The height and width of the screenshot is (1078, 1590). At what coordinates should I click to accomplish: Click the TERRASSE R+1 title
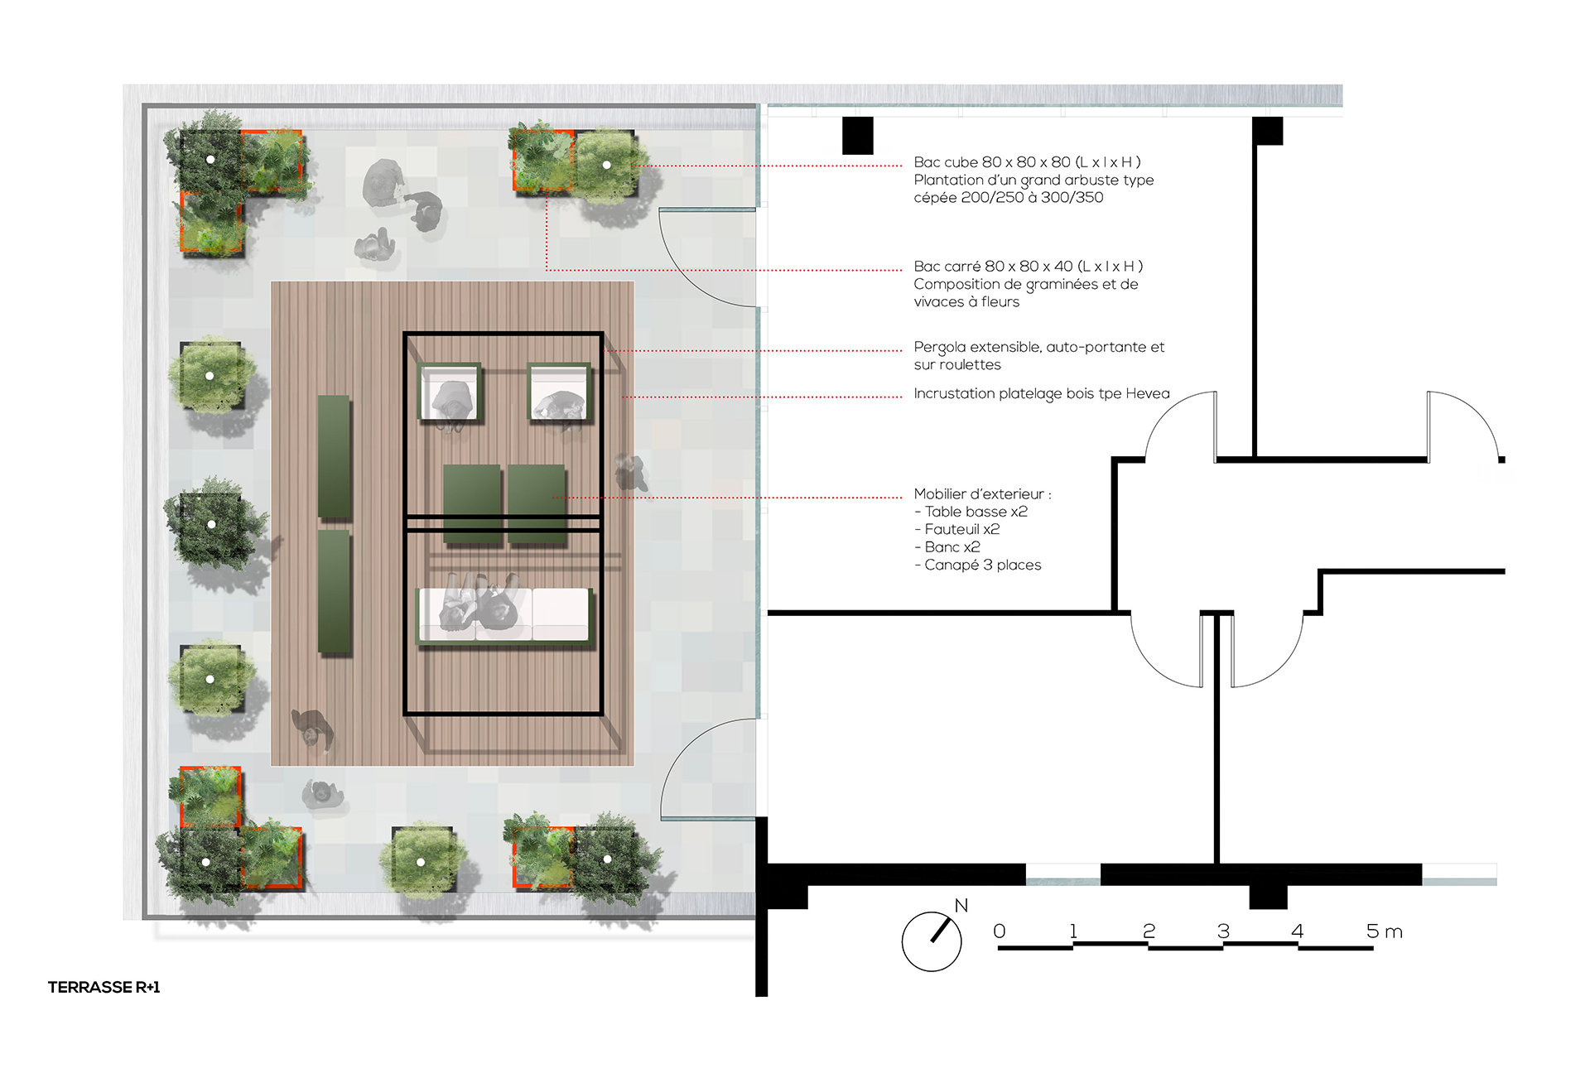click(104, 987)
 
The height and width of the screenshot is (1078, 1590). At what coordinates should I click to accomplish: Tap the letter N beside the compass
click(961, 905)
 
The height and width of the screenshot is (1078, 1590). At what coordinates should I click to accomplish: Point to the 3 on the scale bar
click(1223, 931)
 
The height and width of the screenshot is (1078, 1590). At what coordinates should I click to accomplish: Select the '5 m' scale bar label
click(1385, 931)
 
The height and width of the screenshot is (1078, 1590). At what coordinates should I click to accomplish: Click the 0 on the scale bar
click(1000, 931)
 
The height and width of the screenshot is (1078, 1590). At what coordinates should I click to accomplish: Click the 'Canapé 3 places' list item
click(978, 565)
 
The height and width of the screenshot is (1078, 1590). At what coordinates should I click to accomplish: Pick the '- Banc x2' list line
click(947, 547)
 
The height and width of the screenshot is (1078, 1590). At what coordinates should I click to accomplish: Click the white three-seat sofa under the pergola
click(504, 614)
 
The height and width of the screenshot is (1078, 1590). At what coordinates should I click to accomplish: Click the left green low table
click(472, 503)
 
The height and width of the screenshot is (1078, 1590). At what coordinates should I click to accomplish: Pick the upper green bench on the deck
click(334, 456)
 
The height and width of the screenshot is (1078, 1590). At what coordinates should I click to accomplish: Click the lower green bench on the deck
click(334, 592)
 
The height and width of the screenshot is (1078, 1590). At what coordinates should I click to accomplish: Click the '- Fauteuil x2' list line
click(957, 529)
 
